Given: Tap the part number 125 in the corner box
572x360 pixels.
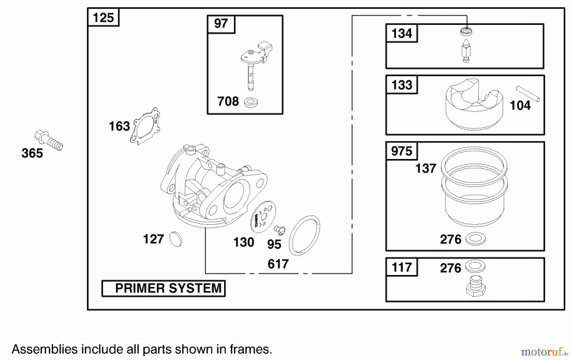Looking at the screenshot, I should coord(103,17).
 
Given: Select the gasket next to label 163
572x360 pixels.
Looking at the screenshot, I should coord(146,126).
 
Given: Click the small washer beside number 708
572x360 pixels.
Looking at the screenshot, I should coord(251,102).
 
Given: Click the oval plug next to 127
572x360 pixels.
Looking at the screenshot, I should coord(176,239).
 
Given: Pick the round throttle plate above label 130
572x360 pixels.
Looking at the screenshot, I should coord(263,217).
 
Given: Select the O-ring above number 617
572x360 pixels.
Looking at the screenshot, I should coord(304,235).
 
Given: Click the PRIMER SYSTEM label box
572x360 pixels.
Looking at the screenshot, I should coord(163,288).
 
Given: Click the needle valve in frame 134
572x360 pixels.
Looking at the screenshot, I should coord(466,51).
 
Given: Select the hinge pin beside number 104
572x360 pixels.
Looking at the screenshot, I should coord(528,94).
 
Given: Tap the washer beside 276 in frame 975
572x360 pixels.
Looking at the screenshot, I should coord(475,239).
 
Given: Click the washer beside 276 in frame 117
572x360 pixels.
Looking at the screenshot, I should coord(475,266).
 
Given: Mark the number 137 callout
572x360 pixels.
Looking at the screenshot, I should coord(426,169).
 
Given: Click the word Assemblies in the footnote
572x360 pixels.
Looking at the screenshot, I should coord(44,349).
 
